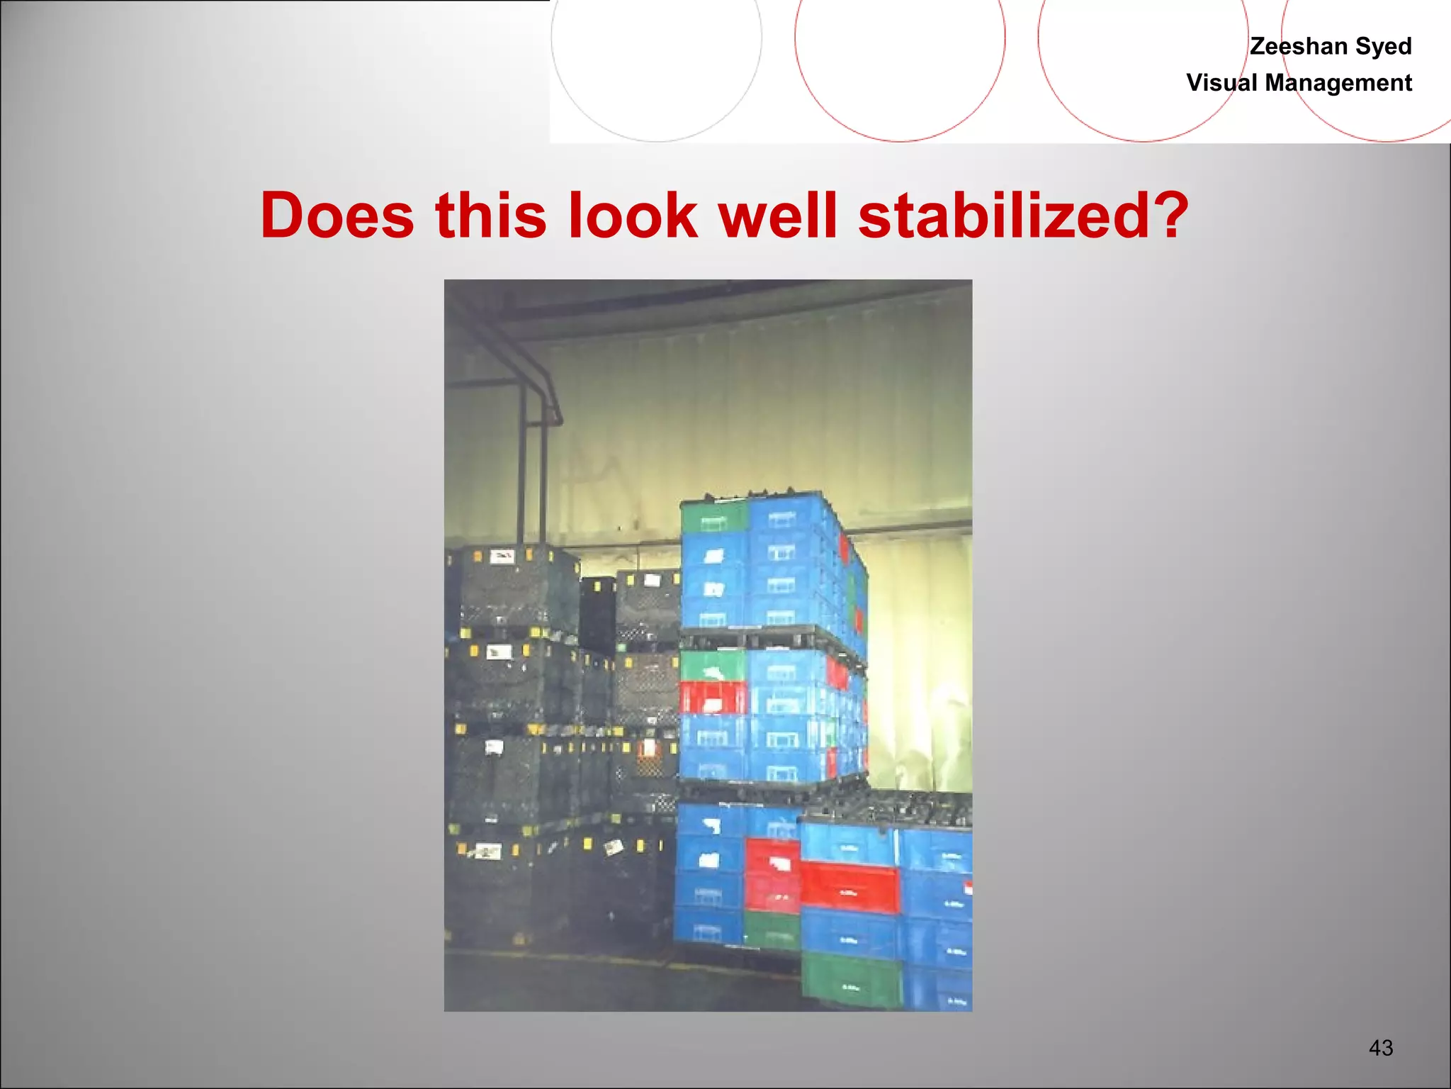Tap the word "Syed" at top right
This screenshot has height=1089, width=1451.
[1384, 46]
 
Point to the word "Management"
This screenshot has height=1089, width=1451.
[1338, 83]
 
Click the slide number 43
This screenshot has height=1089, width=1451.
[1381, 1048]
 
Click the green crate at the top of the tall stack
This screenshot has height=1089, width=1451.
[713, 517]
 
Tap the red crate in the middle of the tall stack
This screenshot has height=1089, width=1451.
[712, 698]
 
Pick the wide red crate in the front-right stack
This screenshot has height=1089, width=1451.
[850, 886]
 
